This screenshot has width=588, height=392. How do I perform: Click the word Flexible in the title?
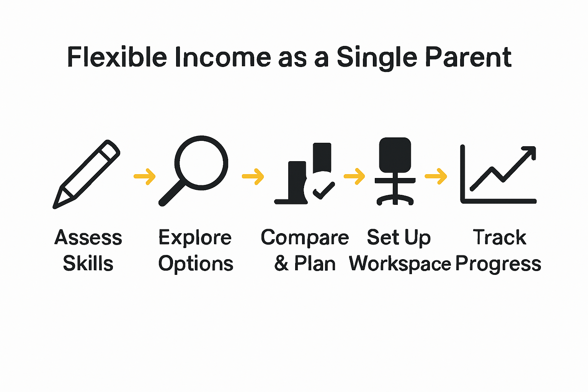pos(117,57)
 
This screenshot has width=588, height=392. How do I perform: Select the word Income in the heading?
pos(222,57)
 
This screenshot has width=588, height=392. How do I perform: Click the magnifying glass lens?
pos(201,163)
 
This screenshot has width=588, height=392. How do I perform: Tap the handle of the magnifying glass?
pos(171,194)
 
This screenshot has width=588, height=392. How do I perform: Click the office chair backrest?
pos(395,155)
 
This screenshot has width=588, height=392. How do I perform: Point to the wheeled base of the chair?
pos(395,200)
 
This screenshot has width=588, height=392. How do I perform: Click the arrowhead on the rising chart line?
pos(530,152)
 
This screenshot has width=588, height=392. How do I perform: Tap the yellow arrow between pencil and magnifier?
pos(145,176)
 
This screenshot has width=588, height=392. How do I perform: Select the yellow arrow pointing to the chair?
pos(354,176)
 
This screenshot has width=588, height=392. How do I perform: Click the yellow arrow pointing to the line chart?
pos(436,176)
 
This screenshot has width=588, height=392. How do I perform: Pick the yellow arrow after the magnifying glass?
pos(253,176)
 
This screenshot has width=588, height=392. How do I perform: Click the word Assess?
pos(88,238)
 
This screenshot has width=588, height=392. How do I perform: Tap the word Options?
pos(196,264)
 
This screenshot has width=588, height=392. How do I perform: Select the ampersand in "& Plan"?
pos(281,263)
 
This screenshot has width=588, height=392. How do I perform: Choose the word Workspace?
pos(400,264)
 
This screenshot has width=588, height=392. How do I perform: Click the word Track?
pos(500,237)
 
